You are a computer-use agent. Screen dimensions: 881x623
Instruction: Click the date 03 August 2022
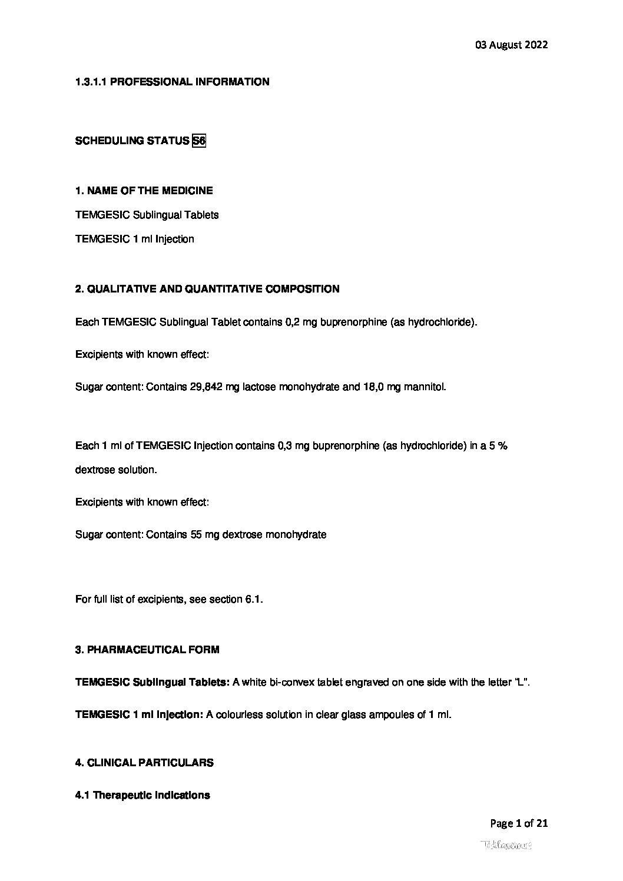point(511,45)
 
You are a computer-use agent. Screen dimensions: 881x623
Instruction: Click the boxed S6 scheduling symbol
point(199,141)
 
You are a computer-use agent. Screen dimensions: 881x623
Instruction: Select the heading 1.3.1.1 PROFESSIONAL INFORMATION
point(172,82)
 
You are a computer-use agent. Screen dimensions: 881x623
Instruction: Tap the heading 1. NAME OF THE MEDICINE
point(144,191)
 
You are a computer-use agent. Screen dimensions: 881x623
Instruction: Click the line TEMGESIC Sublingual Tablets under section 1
point(147,215)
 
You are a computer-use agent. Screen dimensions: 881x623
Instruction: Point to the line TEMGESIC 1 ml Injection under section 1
point(134,239)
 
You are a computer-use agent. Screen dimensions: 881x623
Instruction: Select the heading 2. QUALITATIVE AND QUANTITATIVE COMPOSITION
point(207,289)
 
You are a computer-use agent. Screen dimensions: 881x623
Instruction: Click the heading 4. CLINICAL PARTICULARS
point(144,763)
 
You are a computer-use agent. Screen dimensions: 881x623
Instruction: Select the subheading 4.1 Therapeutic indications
point(143,795)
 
